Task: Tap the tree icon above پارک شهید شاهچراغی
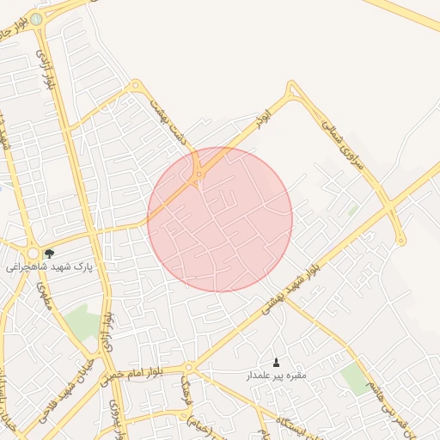pos(49,254)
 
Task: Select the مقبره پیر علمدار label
pos(277,376)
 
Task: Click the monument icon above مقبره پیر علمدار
pos(276,362)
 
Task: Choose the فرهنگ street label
pos(184,393)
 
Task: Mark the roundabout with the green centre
pos(36,19)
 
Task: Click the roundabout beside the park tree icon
pos(33,254)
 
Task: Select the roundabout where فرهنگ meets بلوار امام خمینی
pos(188,369)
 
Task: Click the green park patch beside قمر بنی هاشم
pos(354,378)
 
